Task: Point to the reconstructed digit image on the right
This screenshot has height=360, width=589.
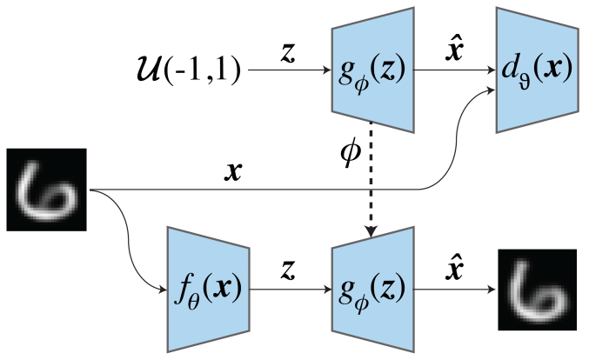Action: click(537, 290)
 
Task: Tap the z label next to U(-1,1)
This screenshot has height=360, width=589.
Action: click(286, 52)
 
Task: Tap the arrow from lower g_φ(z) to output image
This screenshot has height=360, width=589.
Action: click(452, 288)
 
